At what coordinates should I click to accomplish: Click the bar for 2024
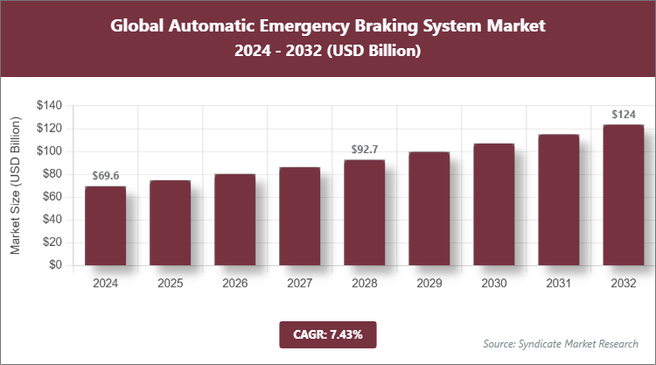[105, 226]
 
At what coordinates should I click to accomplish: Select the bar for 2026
[234, 220]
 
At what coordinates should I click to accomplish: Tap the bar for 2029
[429, 208]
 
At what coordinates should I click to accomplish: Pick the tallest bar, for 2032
[623, 195]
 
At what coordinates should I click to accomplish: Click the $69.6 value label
[105, 176]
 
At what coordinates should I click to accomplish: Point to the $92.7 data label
[364, 150]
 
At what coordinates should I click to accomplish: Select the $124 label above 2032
[623, 114]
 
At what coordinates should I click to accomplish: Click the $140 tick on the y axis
[48, 105]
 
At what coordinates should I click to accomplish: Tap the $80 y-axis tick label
[52, 174]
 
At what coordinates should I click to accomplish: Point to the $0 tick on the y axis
[55, 265]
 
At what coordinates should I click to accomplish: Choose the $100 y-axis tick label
[48, 151]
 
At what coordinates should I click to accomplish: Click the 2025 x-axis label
[170, 284]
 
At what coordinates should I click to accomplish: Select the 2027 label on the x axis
[299, 284]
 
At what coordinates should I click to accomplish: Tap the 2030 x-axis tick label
[493, 284]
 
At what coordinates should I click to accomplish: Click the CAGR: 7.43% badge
[327, 334]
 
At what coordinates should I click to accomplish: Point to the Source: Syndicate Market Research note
[560, 343]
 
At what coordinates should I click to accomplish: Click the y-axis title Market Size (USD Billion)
[16, 185]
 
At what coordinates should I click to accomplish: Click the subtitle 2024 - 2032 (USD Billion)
[328, 52]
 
